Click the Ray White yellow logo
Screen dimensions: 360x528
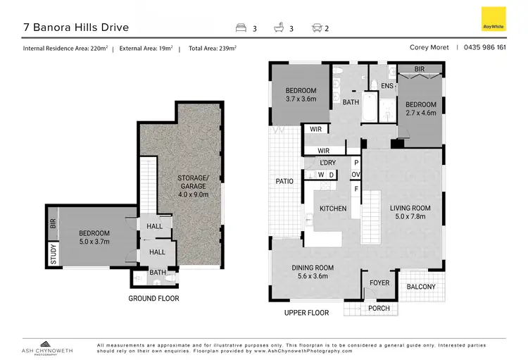(493, 19)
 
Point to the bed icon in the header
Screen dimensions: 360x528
(240, 29)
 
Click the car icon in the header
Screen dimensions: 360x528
(316, 29)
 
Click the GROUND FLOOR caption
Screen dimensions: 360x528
(153, 299)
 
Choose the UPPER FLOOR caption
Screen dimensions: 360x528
(306, 312)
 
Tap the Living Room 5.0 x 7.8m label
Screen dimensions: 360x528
(410, 213)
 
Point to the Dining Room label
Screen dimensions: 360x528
(313, 272)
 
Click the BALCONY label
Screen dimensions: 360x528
(421, 287)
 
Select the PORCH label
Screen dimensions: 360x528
(379, 308)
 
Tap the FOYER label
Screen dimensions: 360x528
(379, 283)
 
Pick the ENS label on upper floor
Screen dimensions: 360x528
(386, 86)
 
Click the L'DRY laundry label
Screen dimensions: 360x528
(327, 163)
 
